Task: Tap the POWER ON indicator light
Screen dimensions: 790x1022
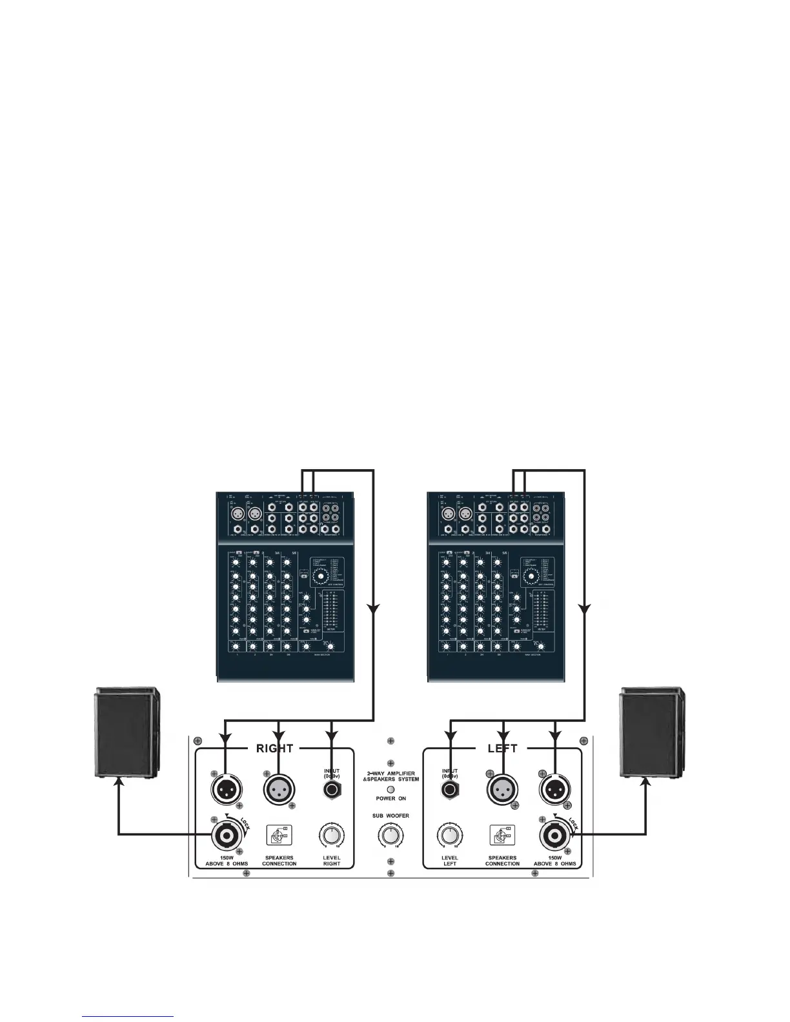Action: coord(390,789)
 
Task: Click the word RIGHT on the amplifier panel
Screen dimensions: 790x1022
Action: coord(275,748)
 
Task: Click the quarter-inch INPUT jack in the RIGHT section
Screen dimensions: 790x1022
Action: coord(332,789)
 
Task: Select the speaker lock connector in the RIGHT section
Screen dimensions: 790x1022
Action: coord(226,836)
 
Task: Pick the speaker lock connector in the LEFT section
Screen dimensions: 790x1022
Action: coord(554,836)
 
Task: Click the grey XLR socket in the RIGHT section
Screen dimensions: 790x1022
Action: coord(279,788)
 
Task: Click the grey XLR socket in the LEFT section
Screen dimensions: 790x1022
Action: coord(501,788)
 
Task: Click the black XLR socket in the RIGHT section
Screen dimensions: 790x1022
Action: coord(226,788)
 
